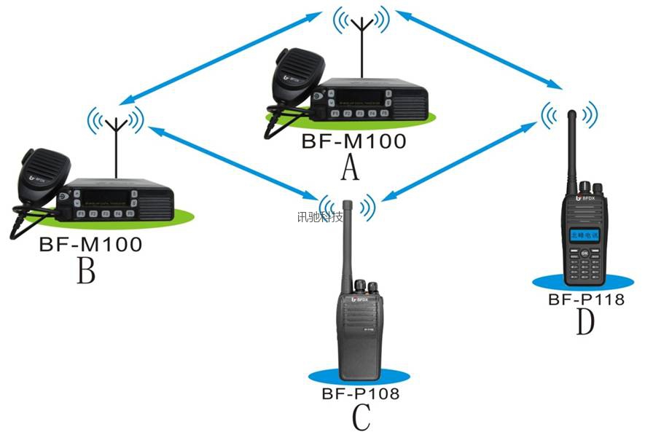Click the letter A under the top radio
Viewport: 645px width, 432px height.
tap(351, 168)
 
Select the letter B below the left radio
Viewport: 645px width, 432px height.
tap(86, 272)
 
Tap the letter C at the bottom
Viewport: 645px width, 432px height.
tap(361, 417)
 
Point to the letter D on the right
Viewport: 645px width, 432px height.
tap(585, 321)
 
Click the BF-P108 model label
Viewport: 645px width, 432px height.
tap(360, 394)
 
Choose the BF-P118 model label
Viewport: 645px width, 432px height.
tap(586, 298)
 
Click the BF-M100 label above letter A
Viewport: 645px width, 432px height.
tap(353, 141)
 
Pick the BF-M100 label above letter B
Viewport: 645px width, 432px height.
tap(90, 245)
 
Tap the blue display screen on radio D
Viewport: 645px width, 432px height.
tap(582, 236)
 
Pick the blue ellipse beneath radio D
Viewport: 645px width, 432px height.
tap(583, 281)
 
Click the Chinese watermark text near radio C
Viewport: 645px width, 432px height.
tap(320, 216)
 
